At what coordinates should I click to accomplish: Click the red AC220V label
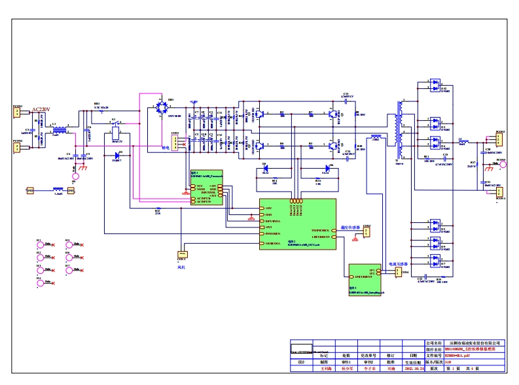tap(41, 109)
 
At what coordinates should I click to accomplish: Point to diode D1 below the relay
tap(118, 156)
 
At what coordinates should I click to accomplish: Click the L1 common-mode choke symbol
tap(59, 130)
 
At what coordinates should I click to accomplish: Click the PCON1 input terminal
tap(18, 114)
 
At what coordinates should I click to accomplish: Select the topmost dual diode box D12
tap(434, 86)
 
